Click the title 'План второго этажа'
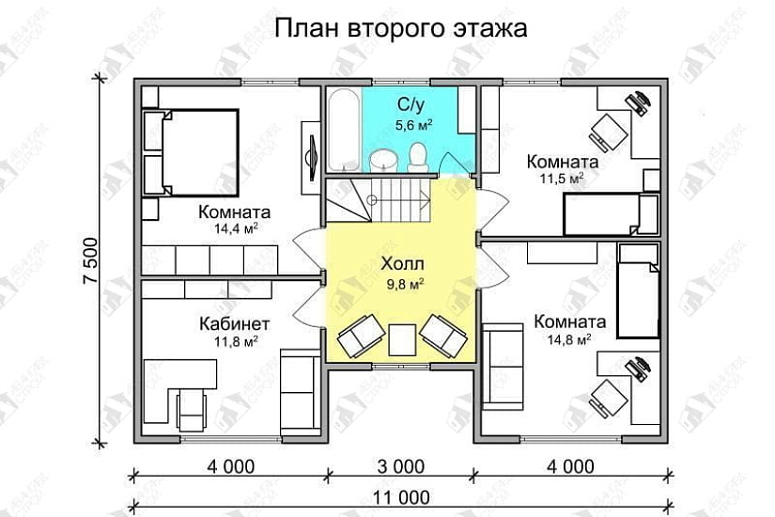pos(401,29)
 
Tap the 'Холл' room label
pos(403,263)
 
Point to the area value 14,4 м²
pos(237,227)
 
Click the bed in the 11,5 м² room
pos(611,213)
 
